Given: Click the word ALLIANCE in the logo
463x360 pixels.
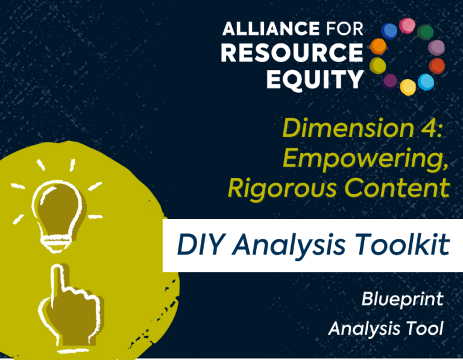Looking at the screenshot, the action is tap(271, 29).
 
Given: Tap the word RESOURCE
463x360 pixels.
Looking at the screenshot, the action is tap(292, 52).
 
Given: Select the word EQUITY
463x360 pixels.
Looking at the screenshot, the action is tap(315, 79).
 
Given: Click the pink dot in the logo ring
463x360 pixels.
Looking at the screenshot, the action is tap(407, 26).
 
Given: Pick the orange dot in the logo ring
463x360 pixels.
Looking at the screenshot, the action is tap(378, 46).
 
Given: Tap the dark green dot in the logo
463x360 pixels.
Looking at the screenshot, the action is tap(425, 32).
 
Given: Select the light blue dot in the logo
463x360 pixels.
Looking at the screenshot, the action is tap(426, 81).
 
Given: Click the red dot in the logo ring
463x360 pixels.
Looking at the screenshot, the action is tap(436, 66).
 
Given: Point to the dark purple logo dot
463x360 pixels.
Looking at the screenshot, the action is tap(390, 81).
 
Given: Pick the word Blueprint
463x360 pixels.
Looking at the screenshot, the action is tap(403, 300).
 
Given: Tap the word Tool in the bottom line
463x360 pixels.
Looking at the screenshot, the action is tap(424, 328).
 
